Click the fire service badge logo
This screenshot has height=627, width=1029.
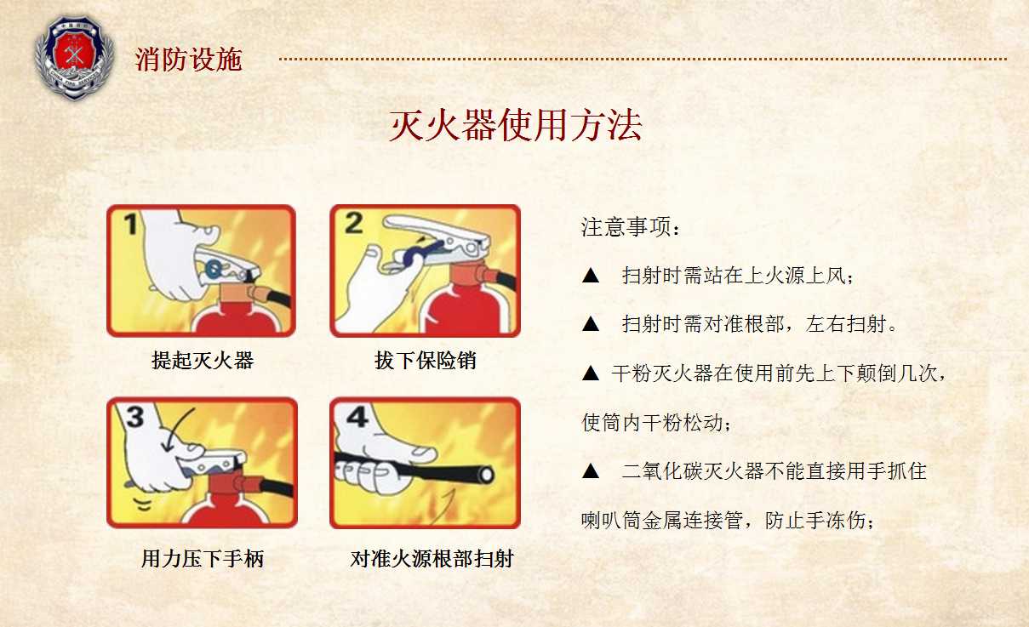coord(74,58)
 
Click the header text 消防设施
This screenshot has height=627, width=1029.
coord(188,60)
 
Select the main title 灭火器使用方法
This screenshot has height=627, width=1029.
coord(515,125)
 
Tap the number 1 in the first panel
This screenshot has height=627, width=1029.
coord(131,224)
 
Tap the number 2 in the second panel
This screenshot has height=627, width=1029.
coord(354,223)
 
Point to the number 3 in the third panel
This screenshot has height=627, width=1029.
coord(134,417)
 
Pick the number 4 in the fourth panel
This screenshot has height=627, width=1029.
coord(357,417)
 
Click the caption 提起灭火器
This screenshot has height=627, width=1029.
coord(203,360)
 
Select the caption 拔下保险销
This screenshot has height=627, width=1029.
coord(425,360)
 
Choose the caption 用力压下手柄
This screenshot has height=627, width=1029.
coord(203,559)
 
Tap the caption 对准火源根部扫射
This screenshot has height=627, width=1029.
coord(432,559)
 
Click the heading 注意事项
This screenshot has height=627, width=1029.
coord(631,227)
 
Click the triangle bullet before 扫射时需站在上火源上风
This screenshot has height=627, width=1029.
coord(591,276)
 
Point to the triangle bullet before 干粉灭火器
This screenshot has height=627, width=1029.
coord(591,373)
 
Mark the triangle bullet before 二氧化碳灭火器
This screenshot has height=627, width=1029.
coord(591,470)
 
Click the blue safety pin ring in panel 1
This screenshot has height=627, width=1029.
coord(213,269)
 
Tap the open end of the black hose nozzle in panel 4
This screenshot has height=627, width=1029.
coord(485,475)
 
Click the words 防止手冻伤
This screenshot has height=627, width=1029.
coord(820,520)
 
